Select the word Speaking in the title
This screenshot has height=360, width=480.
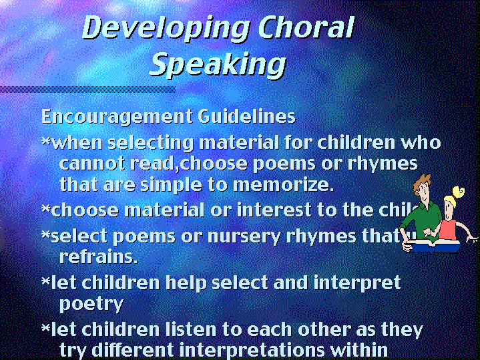coord(218,64)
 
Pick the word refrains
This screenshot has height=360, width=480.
coord(98,256)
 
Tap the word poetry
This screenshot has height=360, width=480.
coord(91,304)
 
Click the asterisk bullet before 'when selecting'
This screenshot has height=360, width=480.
coord(45,143)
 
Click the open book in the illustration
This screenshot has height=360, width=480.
coord(434,245)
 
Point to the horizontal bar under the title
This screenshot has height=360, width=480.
coord(87,89)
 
